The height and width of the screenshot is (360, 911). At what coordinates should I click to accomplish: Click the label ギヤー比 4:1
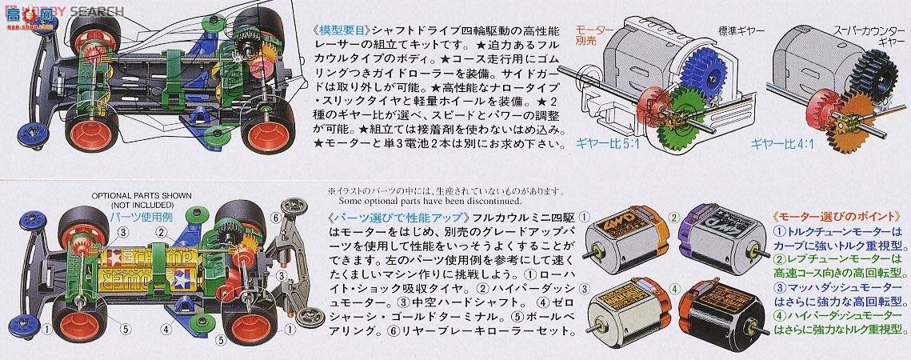point(780,145)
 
